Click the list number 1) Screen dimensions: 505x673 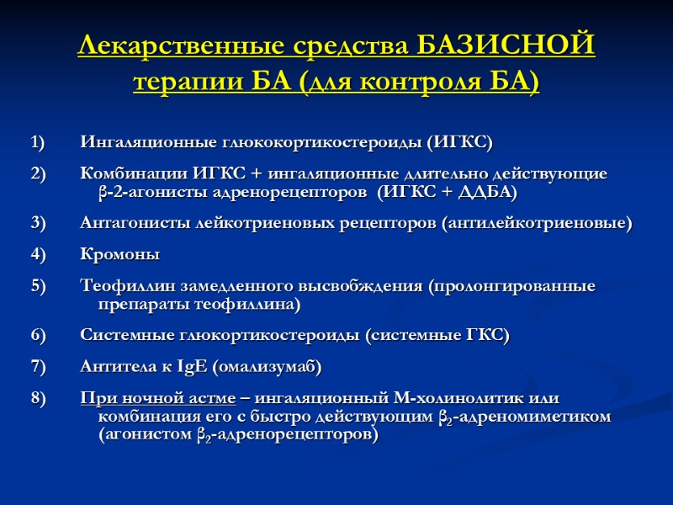coord(39,141)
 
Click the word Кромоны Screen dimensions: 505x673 coord(119,254)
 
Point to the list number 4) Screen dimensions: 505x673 coord(39,254)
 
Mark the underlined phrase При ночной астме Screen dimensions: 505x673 coord(158,398)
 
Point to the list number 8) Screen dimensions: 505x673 coord(39,398)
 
